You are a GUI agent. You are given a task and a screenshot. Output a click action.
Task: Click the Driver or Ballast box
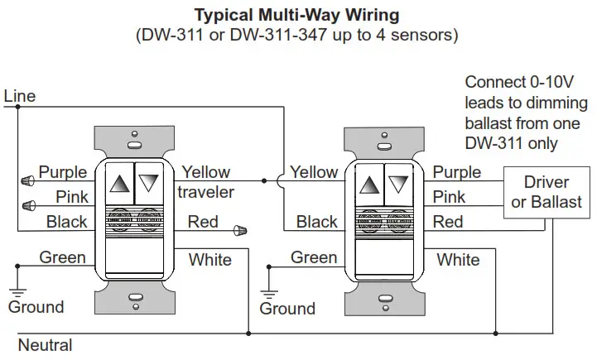(546, 192)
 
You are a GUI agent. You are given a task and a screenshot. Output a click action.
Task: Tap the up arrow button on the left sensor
(119, 184)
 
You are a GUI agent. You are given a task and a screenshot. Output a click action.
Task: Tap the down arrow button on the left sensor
(149, 184)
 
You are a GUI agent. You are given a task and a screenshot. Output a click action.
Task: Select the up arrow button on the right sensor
(369, 185)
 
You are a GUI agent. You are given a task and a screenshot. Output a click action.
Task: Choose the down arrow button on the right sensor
(398, 185)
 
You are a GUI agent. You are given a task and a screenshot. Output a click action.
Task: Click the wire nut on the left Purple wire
(27, 180)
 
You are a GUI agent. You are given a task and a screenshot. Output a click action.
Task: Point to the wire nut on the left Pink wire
(28, 206)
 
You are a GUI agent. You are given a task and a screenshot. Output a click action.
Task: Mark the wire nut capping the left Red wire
(240, 230)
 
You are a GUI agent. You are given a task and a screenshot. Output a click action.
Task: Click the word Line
(19, 96)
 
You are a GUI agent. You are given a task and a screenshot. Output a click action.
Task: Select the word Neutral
(45, 345)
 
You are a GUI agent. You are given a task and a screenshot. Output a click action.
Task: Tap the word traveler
(205, 192)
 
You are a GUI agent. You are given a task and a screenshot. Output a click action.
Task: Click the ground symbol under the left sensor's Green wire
(17, 293)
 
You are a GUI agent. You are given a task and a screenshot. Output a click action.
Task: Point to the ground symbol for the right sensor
(269, 295)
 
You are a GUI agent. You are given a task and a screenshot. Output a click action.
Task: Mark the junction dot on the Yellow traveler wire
(264, 180)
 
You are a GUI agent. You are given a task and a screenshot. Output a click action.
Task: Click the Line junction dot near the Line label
(17, 107)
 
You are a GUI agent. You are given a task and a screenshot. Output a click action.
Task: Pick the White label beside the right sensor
(458, 260)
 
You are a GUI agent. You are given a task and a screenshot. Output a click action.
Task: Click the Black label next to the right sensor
(317, 222)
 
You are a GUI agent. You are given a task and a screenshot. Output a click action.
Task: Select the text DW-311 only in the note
(512, 143)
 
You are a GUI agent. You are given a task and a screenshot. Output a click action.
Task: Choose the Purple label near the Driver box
(457, 172)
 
